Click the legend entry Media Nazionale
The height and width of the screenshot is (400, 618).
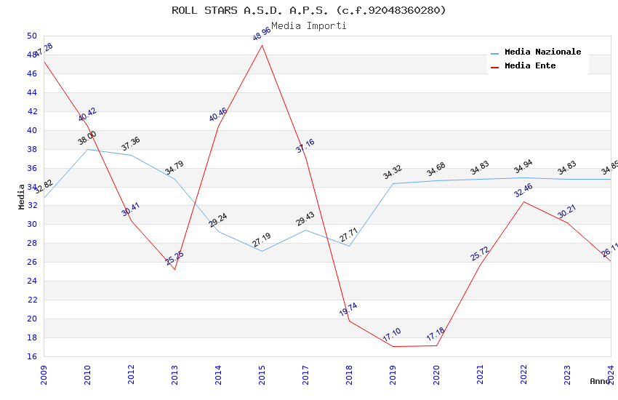pyautogui.click(x=542, y=52)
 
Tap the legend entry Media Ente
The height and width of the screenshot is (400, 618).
pyautogui.click(x=530, y=65)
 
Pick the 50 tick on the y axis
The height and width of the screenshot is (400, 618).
pyautogui.click(x=31, y=36)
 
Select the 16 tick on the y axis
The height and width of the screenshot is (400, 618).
pyautogui.click(x=31, y=356)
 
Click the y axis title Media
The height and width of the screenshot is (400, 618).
pyautogui.click(x=22, y=196)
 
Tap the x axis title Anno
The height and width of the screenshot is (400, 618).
pyautogui.click(x=600, y=381)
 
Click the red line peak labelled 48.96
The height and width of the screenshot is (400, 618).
pyautogui.click(x=262, y=45)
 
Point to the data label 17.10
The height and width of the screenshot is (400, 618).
pyautogui.click(x=391, y=335)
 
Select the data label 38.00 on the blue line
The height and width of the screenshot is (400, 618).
pyautogui.click(x=87, y=138)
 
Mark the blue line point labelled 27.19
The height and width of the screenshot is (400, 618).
pyautogui.click(x=262, y=251)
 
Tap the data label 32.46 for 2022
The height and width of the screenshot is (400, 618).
pyautogui.click(x=523, y=191)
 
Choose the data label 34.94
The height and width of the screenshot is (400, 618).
pyautogui.click(x=523, y=168)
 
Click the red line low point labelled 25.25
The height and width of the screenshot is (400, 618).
pyautogui.click(x=174, y=269)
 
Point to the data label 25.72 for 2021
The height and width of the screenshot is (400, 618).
pyautogui.click(x=479, y=254)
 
